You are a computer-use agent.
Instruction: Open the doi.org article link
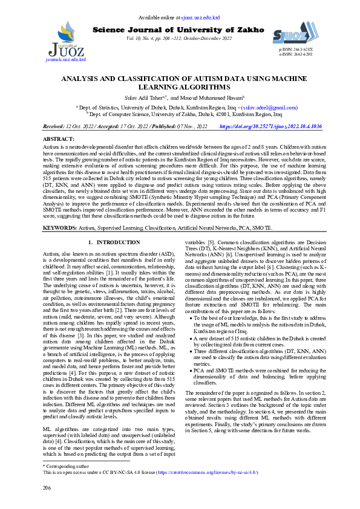coord(270,127)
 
